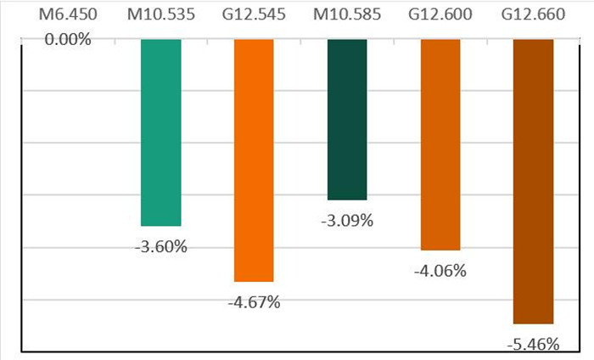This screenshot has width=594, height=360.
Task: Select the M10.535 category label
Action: click(160, 14)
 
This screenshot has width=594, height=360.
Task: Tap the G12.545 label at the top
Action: click(253, 14)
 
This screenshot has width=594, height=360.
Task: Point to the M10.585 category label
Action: click(346, 14)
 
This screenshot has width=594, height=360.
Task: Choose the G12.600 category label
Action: click(440, 14)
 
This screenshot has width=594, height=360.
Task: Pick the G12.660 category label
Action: click(533, 14)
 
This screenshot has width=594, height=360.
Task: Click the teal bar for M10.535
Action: click(160, 132)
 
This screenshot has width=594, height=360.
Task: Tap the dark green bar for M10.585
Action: click(346, 119)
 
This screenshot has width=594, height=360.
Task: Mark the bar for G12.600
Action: click(440, 144)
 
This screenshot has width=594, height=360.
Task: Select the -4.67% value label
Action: click(253, 302)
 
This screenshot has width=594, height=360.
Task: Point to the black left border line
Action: click(20, 195)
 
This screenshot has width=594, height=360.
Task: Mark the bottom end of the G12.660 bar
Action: click(533, 322)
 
